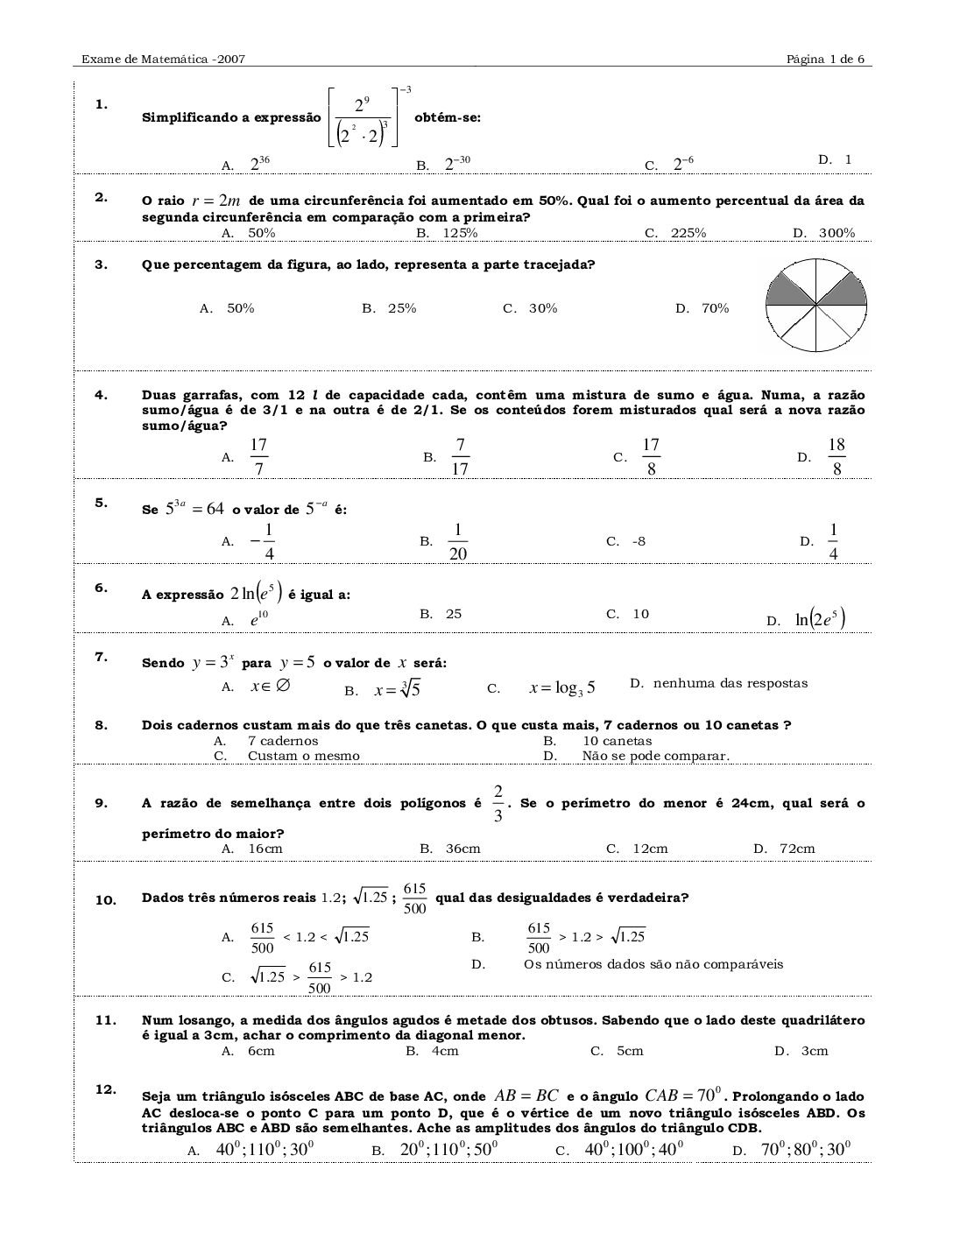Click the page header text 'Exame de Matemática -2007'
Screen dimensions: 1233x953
click(163, 60)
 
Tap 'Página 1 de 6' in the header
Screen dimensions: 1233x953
click(825, 60)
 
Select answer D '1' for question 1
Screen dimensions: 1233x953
click(847, 159)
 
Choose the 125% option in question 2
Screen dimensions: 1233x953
click(459, 233)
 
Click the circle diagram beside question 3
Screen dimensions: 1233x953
click(816, 306)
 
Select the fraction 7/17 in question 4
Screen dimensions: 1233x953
click(460, 457)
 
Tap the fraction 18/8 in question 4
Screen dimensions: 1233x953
click(837, 457)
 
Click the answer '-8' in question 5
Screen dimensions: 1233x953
click(639, 541)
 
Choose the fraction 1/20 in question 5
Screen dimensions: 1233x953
click(457, 542)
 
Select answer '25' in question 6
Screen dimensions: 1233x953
click(453, 614)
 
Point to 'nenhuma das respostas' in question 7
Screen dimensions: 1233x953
click(731, 683)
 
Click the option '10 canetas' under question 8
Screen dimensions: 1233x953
click(618, 741)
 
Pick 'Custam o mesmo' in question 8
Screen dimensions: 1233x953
click(303, 756)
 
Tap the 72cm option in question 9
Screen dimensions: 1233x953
click(797, 849)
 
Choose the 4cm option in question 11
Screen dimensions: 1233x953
click(445, 1051)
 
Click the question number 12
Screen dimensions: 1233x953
click(105, 1089)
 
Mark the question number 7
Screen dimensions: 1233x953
click(102, 657)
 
